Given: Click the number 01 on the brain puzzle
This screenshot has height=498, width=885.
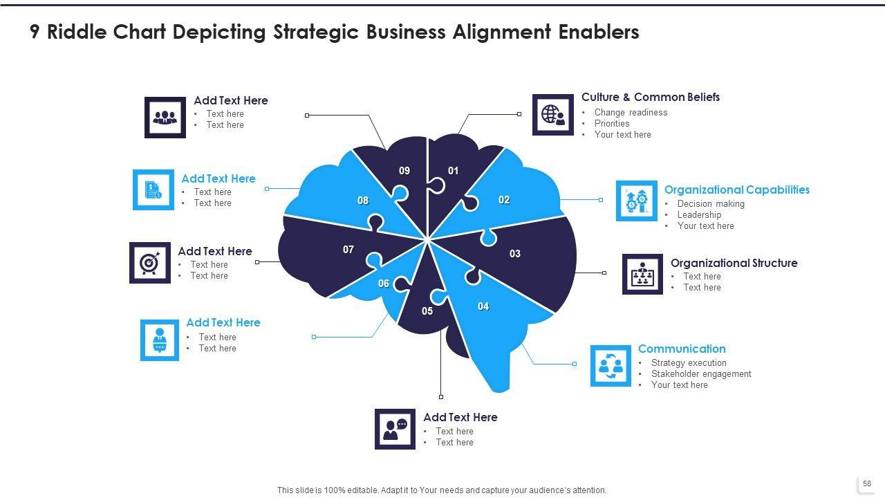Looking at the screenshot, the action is (x=454, y=171).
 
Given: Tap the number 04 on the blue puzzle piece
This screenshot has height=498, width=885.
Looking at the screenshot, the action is (x=483, y=306).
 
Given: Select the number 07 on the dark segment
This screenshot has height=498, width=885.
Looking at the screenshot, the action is (x=348, y=250).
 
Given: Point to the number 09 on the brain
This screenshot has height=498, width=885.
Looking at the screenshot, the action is (x=404, y=171).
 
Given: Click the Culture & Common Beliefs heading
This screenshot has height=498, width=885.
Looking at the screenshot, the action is (x=650, y=98).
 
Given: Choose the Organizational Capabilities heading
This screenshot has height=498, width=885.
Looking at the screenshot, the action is (x=736, y=190).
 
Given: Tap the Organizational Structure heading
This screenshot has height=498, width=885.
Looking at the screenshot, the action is (x=734, y=263).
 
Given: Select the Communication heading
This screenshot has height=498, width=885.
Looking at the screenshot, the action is (x=681, y=349).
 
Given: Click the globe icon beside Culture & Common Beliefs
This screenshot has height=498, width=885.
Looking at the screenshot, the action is (x=552, y=115).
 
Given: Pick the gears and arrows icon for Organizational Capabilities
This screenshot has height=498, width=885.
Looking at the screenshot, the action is (x=636, y=201).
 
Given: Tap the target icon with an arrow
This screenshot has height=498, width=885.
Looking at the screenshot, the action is (x=149, y=263).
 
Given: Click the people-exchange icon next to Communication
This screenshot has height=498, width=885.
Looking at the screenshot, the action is (x=611, y=366).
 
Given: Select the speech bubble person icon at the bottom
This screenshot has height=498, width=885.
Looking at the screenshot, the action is (x=395, y=429).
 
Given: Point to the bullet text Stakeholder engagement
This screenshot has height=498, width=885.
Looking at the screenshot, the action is (x=700, y=374).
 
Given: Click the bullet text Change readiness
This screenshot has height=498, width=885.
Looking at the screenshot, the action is (x=631, y=113).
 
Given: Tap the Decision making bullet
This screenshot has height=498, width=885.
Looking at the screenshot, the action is (x=711, y=204).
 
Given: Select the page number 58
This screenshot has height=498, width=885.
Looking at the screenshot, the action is (x=867, y=483).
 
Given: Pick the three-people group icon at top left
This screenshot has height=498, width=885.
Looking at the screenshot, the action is (x=165, y=117).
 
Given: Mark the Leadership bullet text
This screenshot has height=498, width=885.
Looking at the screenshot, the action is (x=699, y=215).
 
